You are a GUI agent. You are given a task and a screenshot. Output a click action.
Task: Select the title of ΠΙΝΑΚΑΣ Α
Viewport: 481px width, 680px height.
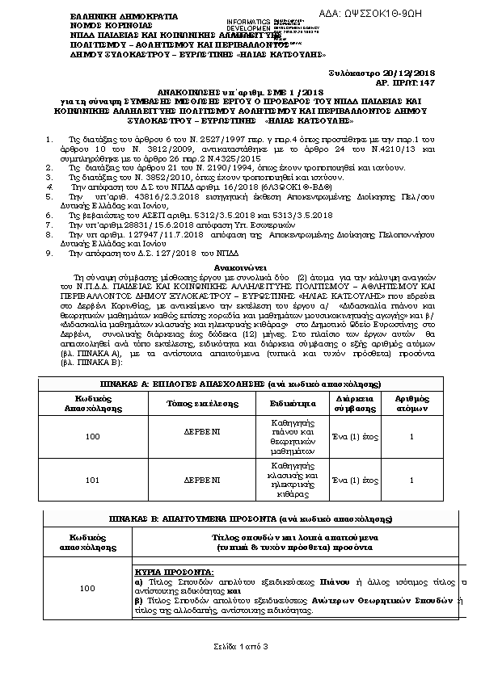[x=237, y=384]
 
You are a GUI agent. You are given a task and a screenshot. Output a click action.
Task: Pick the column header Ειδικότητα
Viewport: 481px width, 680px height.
[x=291, y=403]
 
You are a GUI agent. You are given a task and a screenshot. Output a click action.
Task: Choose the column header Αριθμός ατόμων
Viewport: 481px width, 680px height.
[x=411, y=403]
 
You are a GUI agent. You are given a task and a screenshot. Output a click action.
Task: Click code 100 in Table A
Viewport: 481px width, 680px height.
[x=92, y=437]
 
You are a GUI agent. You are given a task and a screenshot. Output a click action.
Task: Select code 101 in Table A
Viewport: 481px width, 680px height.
[x=92, y=480]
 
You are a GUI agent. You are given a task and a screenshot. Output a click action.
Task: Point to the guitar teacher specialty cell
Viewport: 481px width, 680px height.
[x=291, y=480]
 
